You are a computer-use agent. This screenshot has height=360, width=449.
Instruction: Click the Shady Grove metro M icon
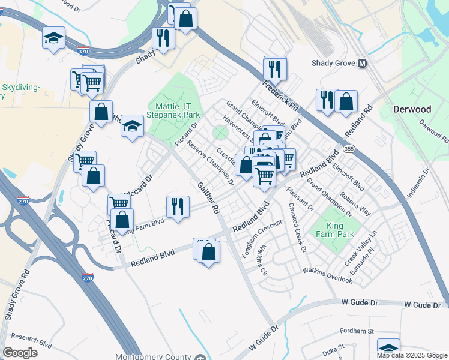coord(363,63)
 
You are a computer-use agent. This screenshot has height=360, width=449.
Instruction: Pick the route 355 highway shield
coord(348,148)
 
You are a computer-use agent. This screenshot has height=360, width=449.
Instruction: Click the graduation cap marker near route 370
coord(54,38)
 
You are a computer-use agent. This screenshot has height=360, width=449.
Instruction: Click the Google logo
coord(20,352)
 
